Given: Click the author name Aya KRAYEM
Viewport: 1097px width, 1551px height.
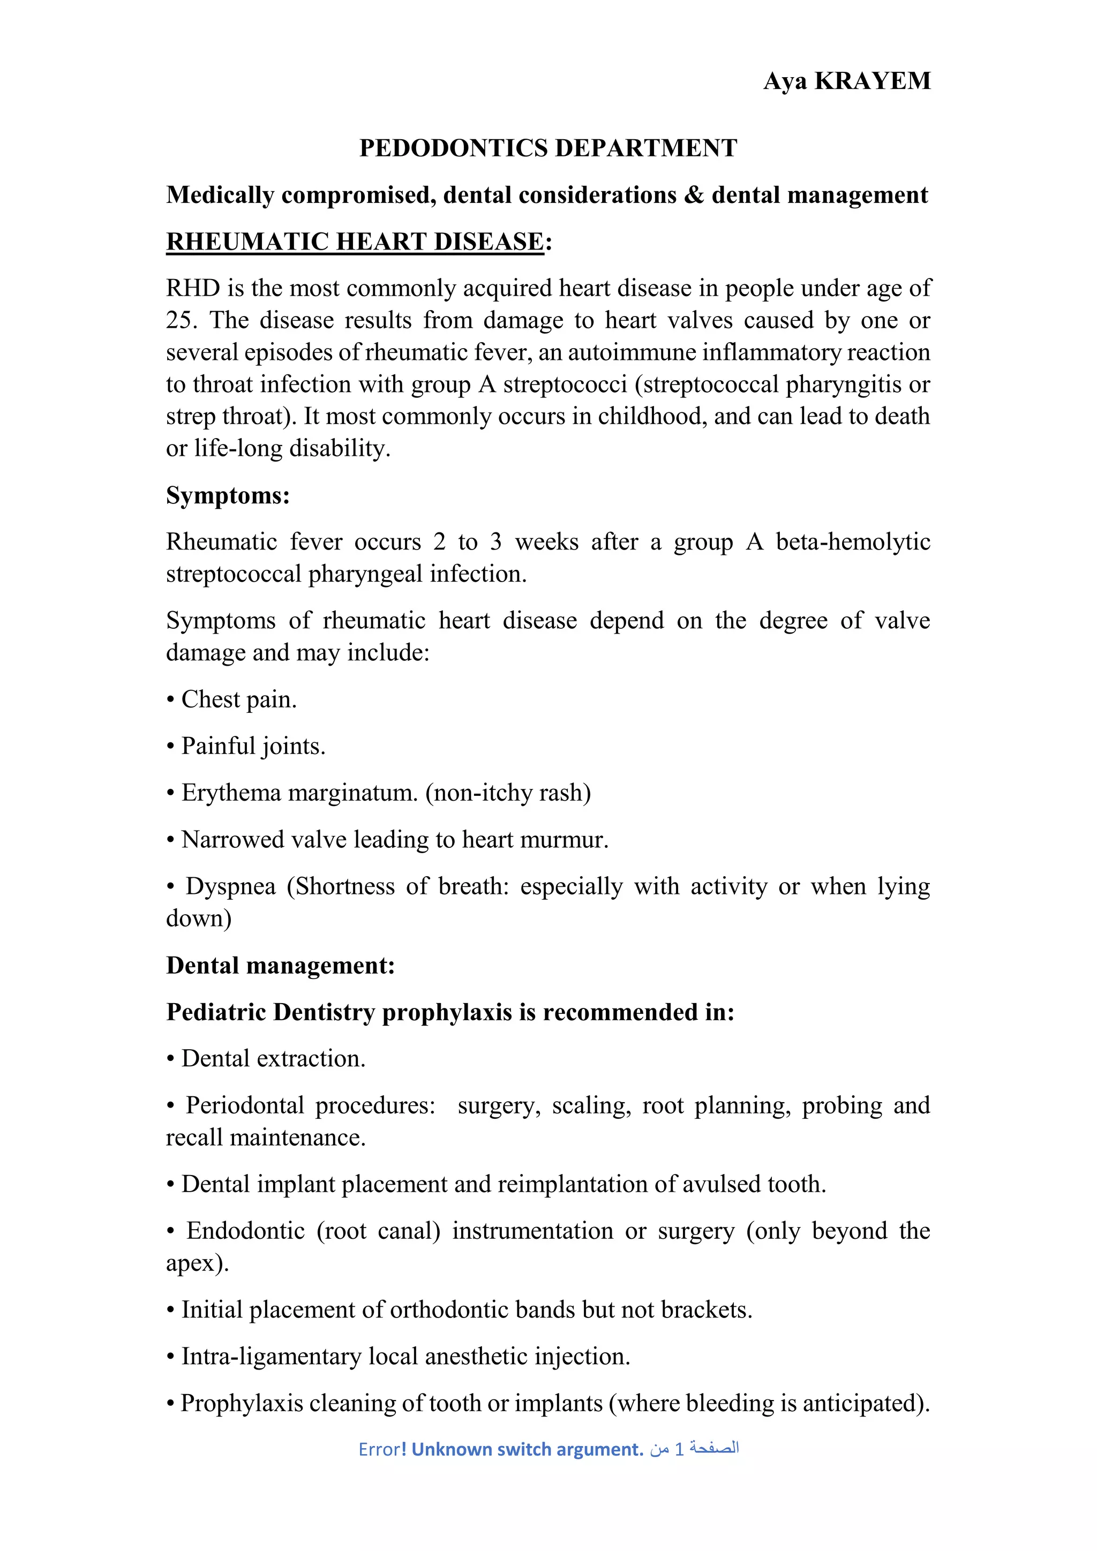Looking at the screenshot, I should click(846, 81).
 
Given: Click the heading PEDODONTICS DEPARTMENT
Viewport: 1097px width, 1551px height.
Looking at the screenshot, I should click(548, 148).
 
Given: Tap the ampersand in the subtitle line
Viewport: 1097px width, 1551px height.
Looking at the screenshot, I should click(694, 195).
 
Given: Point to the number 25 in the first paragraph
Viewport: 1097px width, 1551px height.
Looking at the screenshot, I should click(179, 320).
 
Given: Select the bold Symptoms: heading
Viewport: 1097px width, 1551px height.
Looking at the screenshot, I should click(228, 496).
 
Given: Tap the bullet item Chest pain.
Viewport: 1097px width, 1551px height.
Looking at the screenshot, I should click(238, 699).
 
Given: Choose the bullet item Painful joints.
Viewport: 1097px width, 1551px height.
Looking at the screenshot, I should click(253, 746).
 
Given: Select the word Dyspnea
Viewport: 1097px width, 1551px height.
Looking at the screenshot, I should click(230, 886).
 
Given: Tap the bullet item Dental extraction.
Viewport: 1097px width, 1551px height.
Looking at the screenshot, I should click(273, 1058).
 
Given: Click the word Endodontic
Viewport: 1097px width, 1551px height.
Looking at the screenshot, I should click(245, 1231).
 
